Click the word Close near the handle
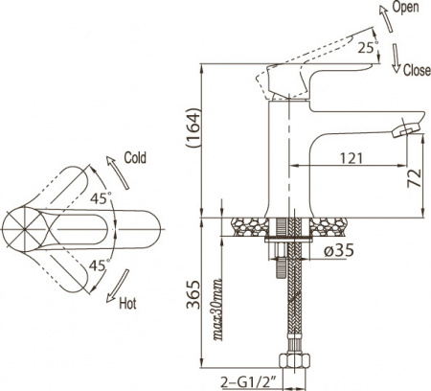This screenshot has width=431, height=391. click(x=417, y=69)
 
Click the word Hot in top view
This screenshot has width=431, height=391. click(x=127, y=307)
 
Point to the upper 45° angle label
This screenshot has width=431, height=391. click(x=102, y=198)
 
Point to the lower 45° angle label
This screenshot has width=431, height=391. click(x=102, y=264)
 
